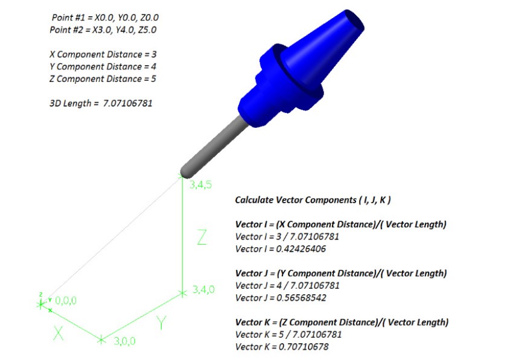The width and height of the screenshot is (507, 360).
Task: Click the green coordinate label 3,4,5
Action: point(200,185)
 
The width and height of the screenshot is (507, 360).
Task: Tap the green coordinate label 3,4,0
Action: point(203,289)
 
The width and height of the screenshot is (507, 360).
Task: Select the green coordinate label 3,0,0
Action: point(124,341)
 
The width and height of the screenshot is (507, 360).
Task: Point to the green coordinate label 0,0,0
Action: point(66,300)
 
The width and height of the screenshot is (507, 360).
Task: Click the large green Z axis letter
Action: point(202,237)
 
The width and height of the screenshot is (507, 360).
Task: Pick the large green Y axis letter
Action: point(161,323)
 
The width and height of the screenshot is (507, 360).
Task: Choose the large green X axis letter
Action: point(58,333)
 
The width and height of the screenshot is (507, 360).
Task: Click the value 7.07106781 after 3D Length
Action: point(127,103)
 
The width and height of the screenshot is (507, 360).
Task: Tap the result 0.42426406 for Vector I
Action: point(301,249)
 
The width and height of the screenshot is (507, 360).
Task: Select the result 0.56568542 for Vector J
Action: point(301,298)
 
